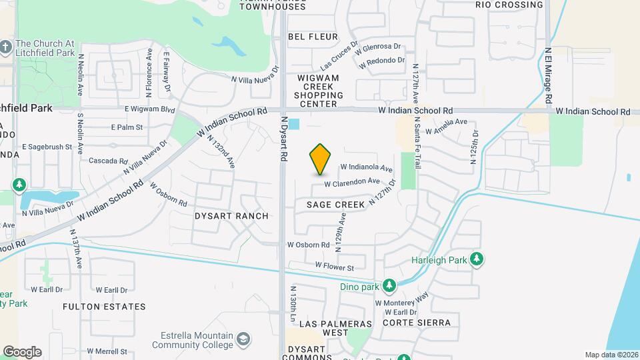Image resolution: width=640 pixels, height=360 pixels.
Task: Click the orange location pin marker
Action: point(321,159)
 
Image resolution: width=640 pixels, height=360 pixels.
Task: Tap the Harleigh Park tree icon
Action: point(476,259)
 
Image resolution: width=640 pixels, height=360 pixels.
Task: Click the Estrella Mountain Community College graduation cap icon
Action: point(245,339)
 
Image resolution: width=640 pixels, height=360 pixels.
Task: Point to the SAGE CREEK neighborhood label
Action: point(336,205)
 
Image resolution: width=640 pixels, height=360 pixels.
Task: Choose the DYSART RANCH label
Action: point(231,216)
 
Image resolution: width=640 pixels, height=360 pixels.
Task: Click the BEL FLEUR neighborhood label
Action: point(313,37)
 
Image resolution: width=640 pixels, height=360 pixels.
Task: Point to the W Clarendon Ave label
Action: point(352,182)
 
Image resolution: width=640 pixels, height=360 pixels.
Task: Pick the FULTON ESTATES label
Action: point(104,307)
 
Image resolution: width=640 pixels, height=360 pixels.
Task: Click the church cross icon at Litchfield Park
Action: point(6,47)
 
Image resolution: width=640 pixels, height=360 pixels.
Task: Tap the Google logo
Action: point(22,351)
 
